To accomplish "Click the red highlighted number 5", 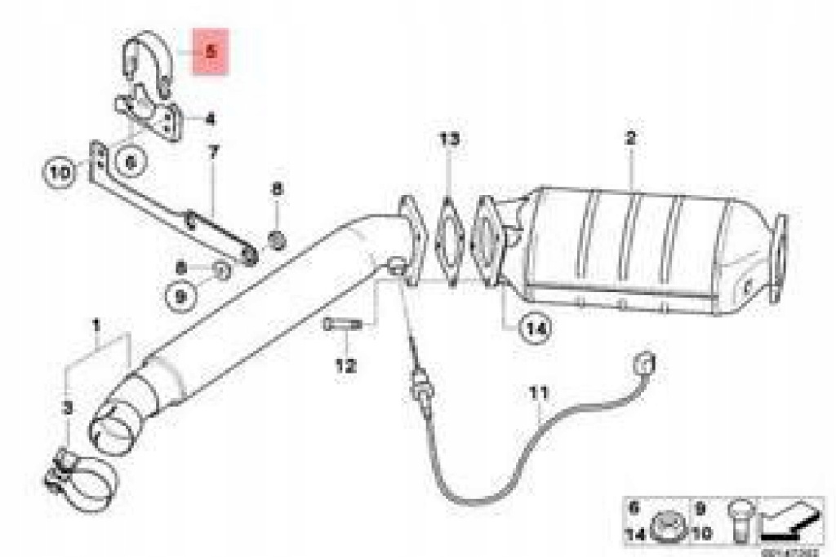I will tap(210, 51).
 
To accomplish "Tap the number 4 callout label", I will tap(210, 120).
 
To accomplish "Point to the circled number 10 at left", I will tap(58, 172).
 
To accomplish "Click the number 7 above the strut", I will tap(213, 152).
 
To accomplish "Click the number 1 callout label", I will tap(96, 327).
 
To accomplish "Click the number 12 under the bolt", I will tap(345, 366).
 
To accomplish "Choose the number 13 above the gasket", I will tap(448, 139).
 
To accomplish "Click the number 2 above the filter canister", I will tap(629, 139).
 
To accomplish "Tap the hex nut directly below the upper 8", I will tap(277, 240).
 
